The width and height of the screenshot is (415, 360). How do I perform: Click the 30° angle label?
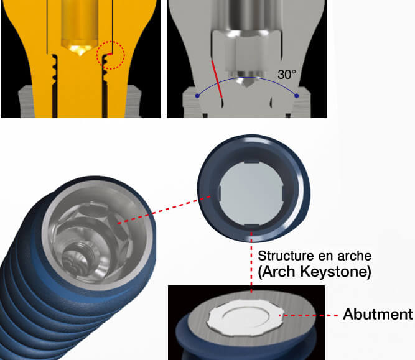[287, 75]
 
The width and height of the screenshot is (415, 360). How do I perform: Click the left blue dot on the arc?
[197, 96]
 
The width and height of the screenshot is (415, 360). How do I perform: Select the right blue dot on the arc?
[296, 96]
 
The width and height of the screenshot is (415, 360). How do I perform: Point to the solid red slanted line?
[217, 79]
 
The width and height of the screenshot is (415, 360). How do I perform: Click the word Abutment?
[378, 314]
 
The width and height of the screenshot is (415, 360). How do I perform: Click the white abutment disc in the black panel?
[245, 318]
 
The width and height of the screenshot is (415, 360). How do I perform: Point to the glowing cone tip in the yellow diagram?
[80, 50]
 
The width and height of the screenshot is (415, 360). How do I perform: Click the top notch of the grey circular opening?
[251, 162]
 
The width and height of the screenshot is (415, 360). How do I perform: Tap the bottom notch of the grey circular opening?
[251, 225]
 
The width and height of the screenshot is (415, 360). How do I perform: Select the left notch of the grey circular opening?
[220, 193]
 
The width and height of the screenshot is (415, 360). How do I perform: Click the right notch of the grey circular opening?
[282, 193]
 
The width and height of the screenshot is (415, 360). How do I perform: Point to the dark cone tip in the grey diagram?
[246, 82]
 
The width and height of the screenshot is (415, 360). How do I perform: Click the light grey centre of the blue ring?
[251, 193]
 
